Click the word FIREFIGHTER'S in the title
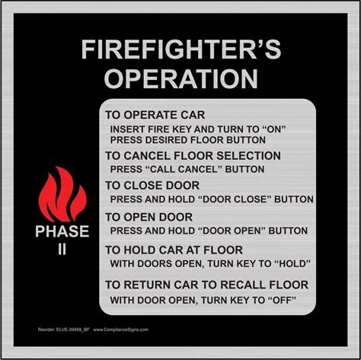click(x=181, y=49)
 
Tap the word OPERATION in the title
click(x=181, y=78)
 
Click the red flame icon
click(x=62, y=194)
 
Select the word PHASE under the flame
click(x=62, y=231)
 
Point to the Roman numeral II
click(x=62, y=250)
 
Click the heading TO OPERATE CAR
click(x=155, y=115)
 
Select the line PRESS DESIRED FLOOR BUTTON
click(x=188, y=140)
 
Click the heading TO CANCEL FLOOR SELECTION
click(x=193, y=155)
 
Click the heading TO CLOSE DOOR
click(x=152, y=186)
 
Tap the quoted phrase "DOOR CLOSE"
click(x=235, y=199)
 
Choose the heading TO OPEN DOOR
click(x=149, y=217)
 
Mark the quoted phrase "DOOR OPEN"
click(x=232, y=231)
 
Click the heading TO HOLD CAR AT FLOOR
click(x=174, y=250)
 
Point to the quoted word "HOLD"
click(x=292, y=263)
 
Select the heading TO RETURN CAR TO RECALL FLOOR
click(x=207, y=285)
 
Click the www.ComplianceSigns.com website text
click(x=120, y=330)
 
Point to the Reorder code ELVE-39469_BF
click(x=72, y=330)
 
